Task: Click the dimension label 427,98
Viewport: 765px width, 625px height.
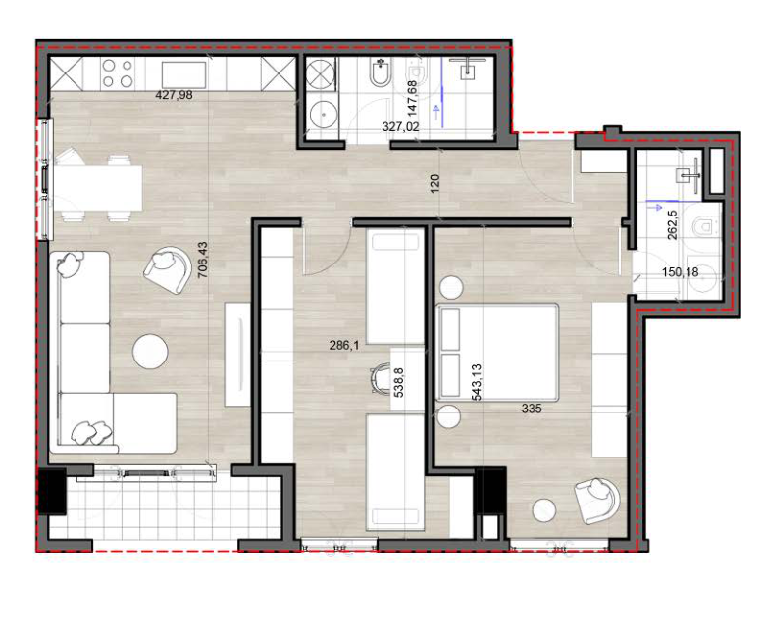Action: pos(174,95)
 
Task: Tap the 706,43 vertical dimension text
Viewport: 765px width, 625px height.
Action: pos(202,261)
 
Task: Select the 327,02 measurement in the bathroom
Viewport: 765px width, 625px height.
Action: pos(400,127)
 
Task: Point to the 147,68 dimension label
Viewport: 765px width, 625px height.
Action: pos(412,98)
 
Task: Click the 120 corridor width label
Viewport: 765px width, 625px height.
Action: pos(435,183)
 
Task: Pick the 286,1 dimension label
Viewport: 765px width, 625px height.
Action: pos(344,346)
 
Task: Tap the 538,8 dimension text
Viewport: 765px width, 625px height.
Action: pos(398,383)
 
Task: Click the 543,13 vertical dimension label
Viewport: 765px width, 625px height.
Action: pos(477,382)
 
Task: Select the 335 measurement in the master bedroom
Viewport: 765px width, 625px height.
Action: pos(532,409)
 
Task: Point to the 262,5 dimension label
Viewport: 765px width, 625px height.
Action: pos(672,224)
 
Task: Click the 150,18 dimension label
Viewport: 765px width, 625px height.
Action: pos(680,272)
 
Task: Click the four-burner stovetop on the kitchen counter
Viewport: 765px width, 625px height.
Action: pos(118,73)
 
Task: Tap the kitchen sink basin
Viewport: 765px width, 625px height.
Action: pos(183,74)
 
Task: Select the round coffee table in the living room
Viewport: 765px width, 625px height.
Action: pos(151,351)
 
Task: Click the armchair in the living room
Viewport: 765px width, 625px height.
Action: pos(168,269)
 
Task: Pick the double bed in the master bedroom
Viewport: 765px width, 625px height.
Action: pos(497,353)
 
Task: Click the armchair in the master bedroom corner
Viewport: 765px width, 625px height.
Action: pos(597,501)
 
